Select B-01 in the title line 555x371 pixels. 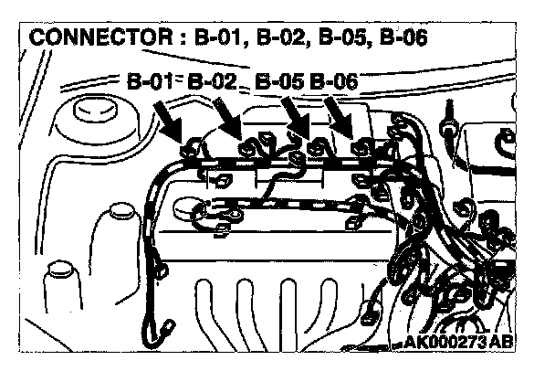pyautogui.click(x=221, y=39)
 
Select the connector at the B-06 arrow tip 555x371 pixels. pyautogui.click(x=362, y=146)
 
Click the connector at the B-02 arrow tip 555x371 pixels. pyautogui.click(x=248, y=144)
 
